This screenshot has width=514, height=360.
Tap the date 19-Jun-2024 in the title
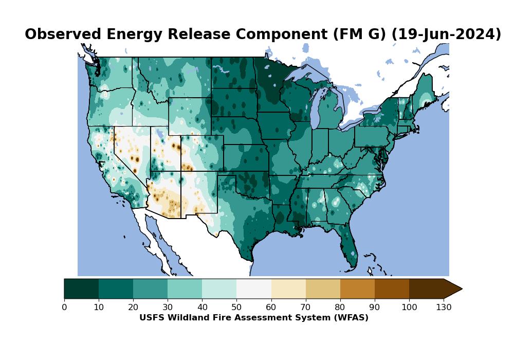446,34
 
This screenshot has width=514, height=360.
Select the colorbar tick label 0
64,308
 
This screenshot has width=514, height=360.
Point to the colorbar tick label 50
236,308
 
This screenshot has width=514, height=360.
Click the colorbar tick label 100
409,308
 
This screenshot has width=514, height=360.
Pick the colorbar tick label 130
444,308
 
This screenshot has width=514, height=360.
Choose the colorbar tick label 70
305,308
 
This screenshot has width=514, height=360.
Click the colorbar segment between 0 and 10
81,289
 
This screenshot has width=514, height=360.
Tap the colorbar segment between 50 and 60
253,289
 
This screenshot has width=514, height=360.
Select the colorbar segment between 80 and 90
357,289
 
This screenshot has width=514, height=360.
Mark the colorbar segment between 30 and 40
185,289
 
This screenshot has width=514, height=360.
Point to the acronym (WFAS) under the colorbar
350,318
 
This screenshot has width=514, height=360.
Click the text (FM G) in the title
360,34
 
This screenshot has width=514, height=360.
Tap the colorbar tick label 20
133,308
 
